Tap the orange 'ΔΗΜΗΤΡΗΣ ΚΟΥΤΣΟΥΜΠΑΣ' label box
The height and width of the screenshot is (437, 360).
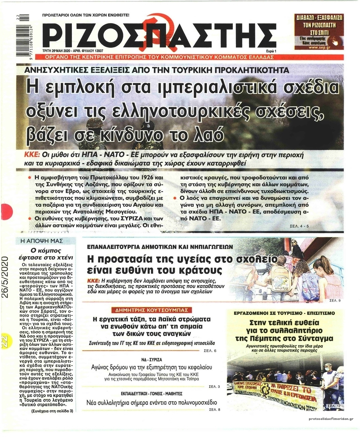click(x=150, y=310)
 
